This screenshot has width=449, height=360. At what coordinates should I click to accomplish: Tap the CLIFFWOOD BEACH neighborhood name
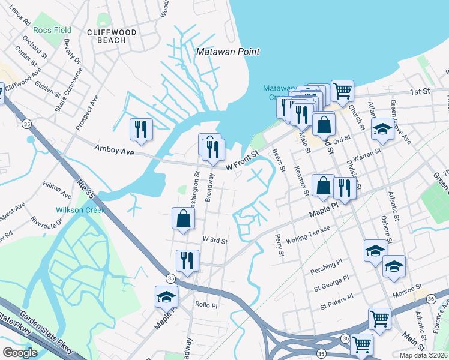pos(111,36)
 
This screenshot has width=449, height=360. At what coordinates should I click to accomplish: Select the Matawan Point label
pos(228,52)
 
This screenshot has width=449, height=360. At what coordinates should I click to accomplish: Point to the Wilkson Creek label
pos(80,211)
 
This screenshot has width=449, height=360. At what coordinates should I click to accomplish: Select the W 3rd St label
pos(215,241)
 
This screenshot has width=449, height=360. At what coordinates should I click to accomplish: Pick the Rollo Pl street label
pos(205,305)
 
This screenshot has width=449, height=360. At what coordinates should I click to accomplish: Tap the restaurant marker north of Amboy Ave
pos(142,129)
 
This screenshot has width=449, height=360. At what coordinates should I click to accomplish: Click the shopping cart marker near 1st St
pos(342,91)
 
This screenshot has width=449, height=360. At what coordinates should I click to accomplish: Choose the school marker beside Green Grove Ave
pos(382,128)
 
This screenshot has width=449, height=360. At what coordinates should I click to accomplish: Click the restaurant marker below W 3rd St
pos(187,260)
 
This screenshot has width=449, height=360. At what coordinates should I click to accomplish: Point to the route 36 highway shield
pos(345,338)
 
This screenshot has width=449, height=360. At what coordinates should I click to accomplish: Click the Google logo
pos(20,353)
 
